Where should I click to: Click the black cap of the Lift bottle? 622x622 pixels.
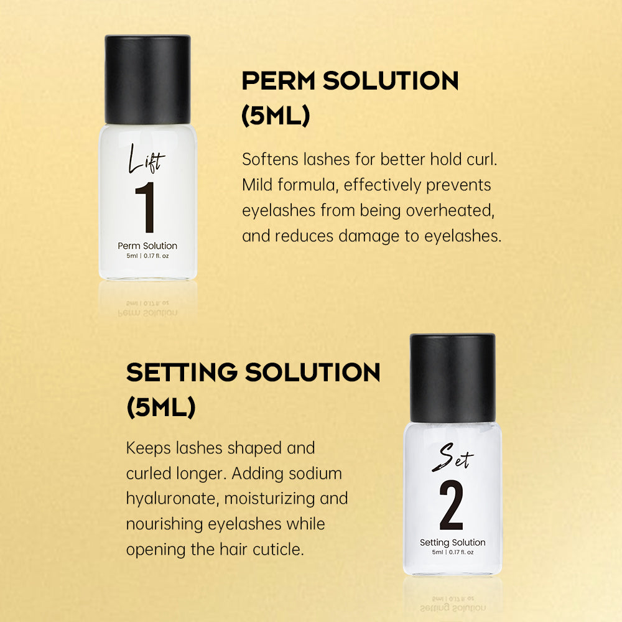(x=147, y=80)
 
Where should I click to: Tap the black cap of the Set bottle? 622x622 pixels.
(x=453, y=378)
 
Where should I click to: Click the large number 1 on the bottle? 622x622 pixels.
(x=146, y=207)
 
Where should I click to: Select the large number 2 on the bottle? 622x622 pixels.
(x=452, y=504)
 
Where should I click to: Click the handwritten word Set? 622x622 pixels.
(x=453, y=457)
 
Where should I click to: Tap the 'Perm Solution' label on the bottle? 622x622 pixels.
(x=147, y=246)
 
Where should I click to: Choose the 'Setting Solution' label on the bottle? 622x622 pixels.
(x=453, y=542)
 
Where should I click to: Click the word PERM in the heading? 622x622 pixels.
(x=279, y=81)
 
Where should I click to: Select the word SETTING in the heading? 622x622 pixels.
(x=182, y=373)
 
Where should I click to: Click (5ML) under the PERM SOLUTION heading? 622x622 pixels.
(x=276, y=116)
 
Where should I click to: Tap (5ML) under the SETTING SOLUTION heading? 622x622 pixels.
(x=161, y=407)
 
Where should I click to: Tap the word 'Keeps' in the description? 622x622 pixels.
(x=149, y=449)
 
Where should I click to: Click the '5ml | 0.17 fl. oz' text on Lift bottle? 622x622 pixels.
(x=147, y=256)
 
